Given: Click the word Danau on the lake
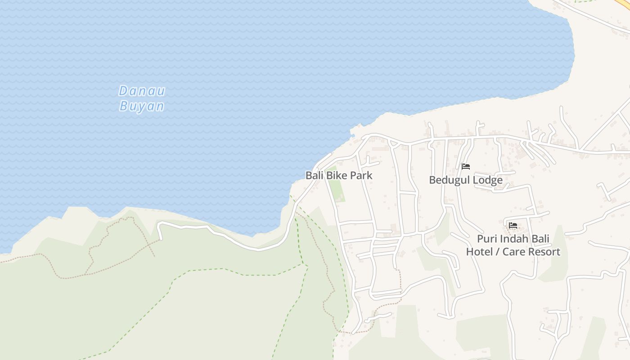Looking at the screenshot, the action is [x=142, y=91].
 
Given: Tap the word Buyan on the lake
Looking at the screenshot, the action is [x=142, y=106].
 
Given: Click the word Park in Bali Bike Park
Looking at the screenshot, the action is [x=361, y=175].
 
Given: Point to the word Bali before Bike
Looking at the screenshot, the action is [x=315, y=175].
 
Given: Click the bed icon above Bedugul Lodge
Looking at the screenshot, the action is [x=466, y=166].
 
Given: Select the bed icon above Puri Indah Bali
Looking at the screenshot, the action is [x=513, y=225].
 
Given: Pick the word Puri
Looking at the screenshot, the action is [x=487, y=238].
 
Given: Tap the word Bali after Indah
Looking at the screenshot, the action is [x=540, y=238].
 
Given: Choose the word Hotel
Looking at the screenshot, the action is [x=479, y=252].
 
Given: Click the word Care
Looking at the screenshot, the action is [x=513, y=252].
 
